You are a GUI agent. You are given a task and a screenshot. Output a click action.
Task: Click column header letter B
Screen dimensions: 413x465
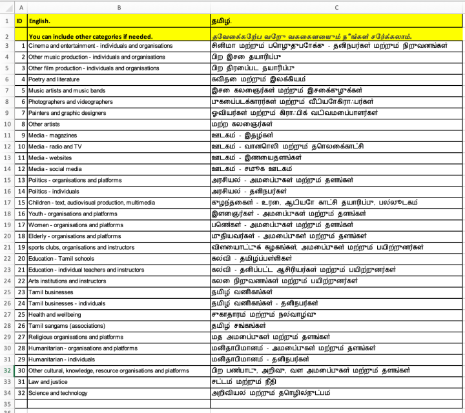[118, 7]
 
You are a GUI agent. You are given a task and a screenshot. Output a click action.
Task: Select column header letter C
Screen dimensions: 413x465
[336, 7]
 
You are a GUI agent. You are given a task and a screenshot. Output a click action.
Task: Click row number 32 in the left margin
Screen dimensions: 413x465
[6, 370]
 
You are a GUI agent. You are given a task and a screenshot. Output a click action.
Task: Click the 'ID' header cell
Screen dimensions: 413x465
[19, 21]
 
